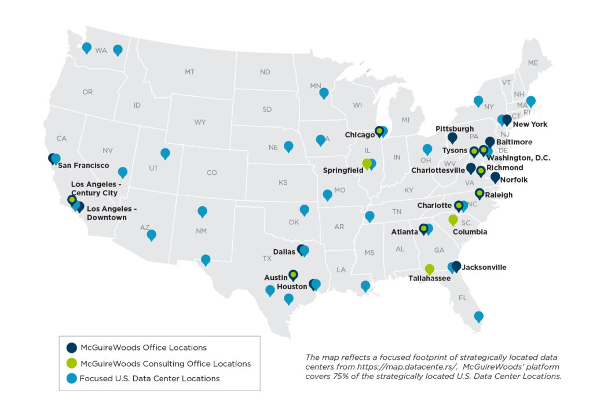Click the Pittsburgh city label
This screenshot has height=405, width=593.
pyautogui.click(x=455, y=129)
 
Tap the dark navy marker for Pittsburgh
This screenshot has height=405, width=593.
pyautogui.click(x=452, y=138)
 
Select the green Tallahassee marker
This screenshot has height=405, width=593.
pyautogui.click(x=429, y=269)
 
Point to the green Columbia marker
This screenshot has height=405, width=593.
pyautogui.click(x=453, y=220)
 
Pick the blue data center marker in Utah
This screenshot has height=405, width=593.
pyautogui.click(x=165, y=154)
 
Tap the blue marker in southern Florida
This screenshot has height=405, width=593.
pyautogui.click(x=478, y=316)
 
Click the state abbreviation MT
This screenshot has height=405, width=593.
pyautogui.click(x=189, y=72)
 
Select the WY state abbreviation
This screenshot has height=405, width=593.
pyautogui.click(x=200, y=122)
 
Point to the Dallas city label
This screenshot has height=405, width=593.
pyautogui.click(x=284, y=251)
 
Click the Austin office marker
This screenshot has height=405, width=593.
pyautogui.click(x=293, y=275)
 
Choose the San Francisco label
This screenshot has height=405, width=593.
pyautogui.click(x=83, y=166)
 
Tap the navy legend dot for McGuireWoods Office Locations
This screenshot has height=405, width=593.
pyautogui.click(x=72, y=348)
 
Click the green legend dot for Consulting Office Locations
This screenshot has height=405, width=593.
pyautogui.click(x=72, y=363)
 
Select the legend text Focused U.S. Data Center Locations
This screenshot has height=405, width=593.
pyautogui.click(x=150, y=378)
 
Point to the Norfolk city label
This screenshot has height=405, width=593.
pyautogui.click(x=515, y=180)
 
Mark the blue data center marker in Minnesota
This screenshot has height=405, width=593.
pyautogui.click(x=324, y=93)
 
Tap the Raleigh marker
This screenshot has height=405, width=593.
pyautogui.click(x=479, y=194)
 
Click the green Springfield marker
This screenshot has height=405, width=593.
pyautogui.click(x=367, y=164)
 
